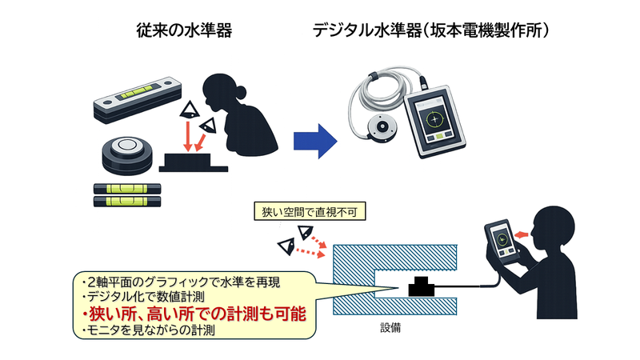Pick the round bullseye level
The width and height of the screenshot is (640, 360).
coord(128,152)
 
